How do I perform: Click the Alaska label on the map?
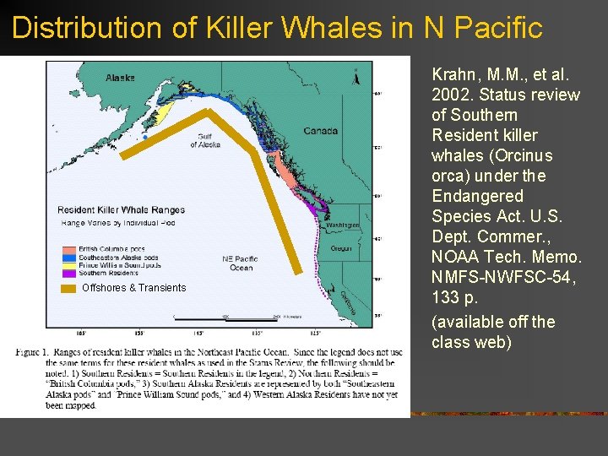click(x=120, y=78)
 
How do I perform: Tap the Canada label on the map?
click(x=320, y=131)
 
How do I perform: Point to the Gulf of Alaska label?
click(x=205, y=141)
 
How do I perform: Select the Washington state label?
click(x=344, y=225)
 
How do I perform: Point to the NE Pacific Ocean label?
click(x=240, y=263)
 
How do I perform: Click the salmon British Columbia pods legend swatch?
click(x=69, y=249)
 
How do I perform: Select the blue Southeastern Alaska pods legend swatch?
click(x=69, y=257)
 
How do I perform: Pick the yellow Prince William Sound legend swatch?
click(x=69, y=264)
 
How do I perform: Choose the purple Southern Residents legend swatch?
click(x=69, y=272)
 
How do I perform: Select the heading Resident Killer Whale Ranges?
click(x=121, y=209)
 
